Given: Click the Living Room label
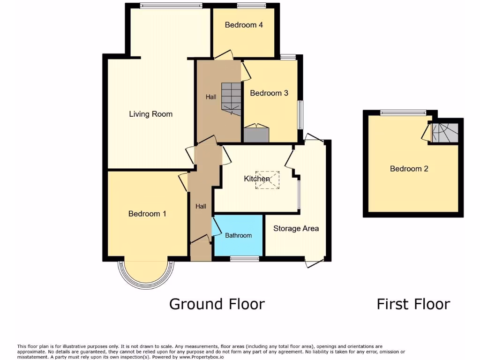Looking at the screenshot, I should [x=150, y=114].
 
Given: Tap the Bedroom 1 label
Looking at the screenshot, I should [x=147, y=214].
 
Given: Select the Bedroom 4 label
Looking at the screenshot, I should [x=243, y=25].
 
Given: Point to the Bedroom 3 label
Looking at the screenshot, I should [x=269, y=93].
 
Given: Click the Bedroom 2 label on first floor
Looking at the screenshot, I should [x=409, y=169].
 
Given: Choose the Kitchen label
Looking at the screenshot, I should [x=256, y=179].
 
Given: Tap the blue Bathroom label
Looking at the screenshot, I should [x=238, y=235].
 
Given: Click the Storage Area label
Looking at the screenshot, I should [x=296, y=228].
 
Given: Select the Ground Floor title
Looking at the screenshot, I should [x=217, y=304].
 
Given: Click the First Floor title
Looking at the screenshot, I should [x=413, y=304].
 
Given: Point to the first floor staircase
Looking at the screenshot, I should [x=445, y=132].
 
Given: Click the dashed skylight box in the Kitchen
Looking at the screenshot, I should [x=267, y=180].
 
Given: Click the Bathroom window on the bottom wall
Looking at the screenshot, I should [x=244, y=258].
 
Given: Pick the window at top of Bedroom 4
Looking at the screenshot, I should [x=251, y=6].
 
